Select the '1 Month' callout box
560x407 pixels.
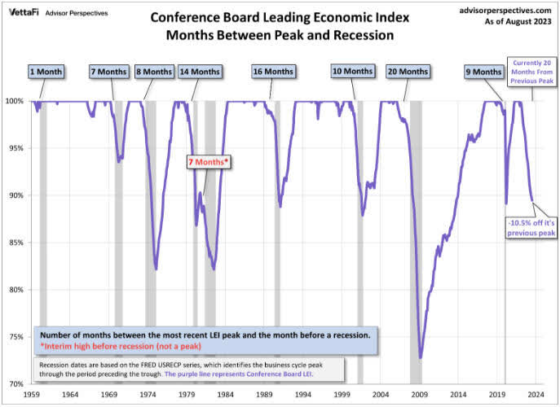(x=46, y=72)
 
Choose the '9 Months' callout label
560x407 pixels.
(x=483, y=72)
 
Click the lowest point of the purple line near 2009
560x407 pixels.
(x=421, y=357)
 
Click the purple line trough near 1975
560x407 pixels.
(x=156, y=269)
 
